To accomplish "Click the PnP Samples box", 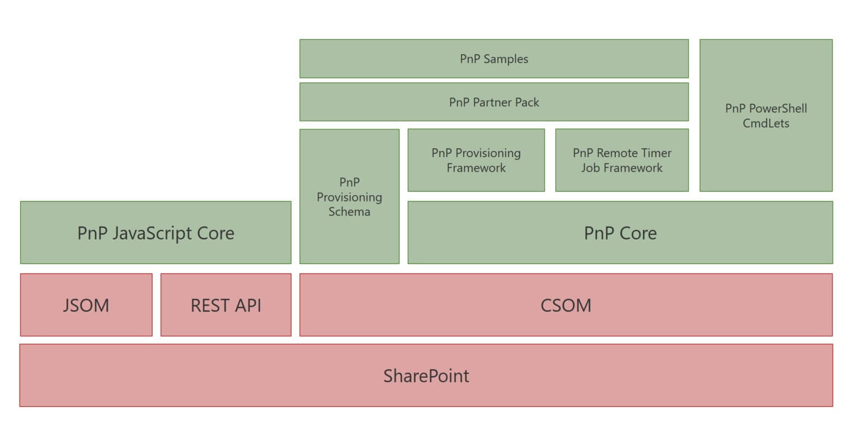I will coord(494,59).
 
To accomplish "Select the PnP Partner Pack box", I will coord(494,102).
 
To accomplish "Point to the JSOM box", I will coord(86,305).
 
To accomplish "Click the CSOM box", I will coord(566,305).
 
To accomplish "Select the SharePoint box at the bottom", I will coord(426,376).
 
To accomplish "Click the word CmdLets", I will coord(766,123).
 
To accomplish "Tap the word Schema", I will coord(349,212).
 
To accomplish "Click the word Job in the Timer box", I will coord(590,168).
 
